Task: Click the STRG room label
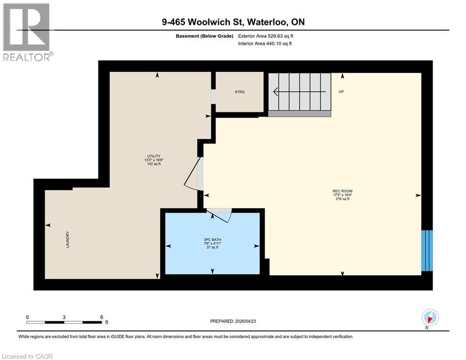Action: click(x=240, y=92)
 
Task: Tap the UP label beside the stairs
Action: click(x=341, y=92)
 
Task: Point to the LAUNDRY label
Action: click(x=68, y=239)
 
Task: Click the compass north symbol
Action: click(x=429, y=318)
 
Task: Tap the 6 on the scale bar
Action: click(x=101, y=317)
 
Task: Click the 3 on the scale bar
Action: click(x=64, y=317)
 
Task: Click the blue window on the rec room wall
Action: click(x=427, y=250)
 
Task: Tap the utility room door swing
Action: click(x=193, y=174)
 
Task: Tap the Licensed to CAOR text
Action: click(x=28, y=356)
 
